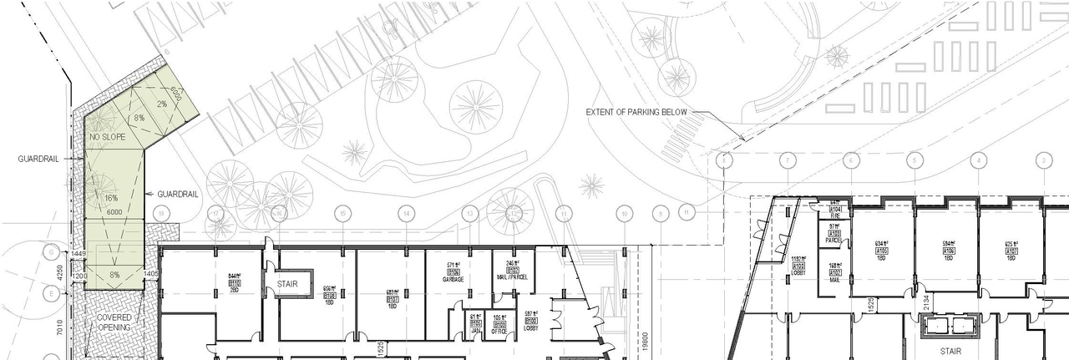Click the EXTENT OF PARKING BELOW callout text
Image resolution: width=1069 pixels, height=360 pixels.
click(636, 112)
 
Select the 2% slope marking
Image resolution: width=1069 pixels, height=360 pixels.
click(161, 104)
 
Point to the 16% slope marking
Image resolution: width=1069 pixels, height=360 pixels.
click(111, 198)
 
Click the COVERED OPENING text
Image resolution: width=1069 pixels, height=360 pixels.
click(114, 322)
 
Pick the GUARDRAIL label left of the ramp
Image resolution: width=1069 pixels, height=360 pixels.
click(38, 158)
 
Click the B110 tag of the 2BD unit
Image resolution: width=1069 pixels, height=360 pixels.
click(235, 283)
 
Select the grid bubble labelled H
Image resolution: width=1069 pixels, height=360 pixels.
click(686, 214)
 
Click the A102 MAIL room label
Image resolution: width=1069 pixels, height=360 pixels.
click(834, 275)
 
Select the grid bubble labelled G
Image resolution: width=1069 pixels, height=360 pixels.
click(52, 251)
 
